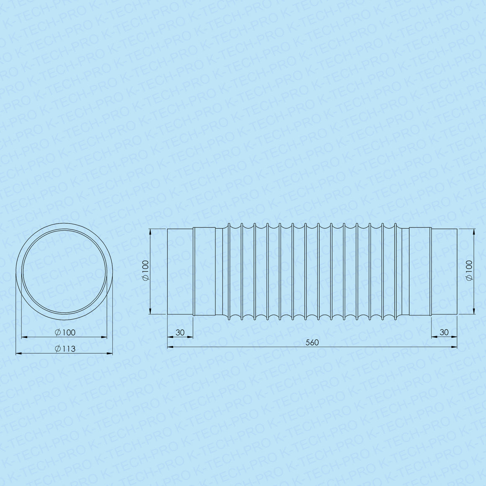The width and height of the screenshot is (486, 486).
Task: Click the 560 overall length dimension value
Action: click(312, 342)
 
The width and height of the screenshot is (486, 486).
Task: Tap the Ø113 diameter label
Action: click(65, 349)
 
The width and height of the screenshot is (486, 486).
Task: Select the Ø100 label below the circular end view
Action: click(65, 332)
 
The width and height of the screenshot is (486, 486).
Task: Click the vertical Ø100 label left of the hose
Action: click(145, 271)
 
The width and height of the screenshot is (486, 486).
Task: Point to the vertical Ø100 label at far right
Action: click(469, 271)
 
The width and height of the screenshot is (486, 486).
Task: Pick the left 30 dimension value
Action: click(180, 332)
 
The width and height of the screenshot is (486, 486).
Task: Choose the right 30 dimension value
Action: click(444, 332)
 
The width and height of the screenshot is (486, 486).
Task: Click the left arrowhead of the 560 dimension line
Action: click(170, 347)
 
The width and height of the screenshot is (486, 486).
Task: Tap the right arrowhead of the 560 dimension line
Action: click(455, 347)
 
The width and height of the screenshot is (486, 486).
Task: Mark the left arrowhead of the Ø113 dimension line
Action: click(18, 353)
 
